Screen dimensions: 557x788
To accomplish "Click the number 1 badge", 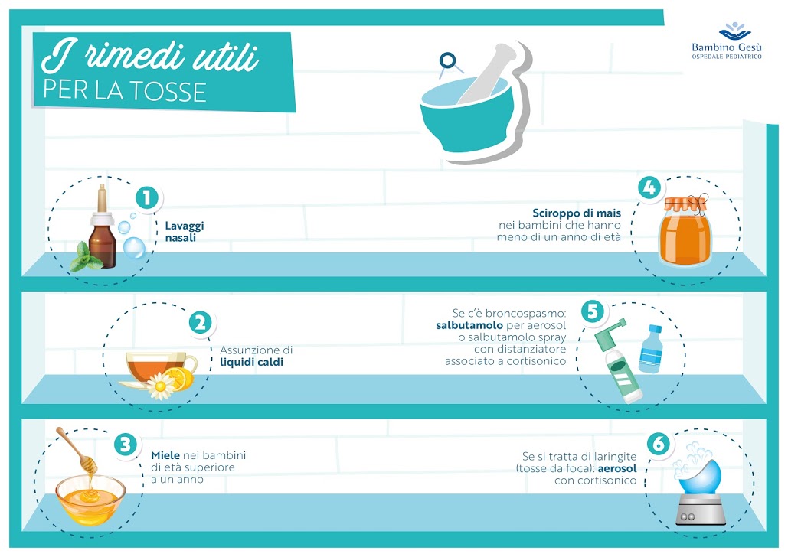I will pyautogui.click(x=146, y=197).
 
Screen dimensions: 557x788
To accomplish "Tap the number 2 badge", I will pyautogui.click(x=200, y=322).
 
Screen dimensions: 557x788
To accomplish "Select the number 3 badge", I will pyautogui.click(x=126, y=444).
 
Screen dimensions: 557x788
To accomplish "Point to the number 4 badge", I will pyautogui.click(x=649, y=187).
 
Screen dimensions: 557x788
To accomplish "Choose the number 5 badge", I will pyautogui.click(x=591, y=311).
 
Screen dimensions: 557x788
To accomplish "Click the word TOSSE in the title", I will pyautogui.click(x=172, y=92).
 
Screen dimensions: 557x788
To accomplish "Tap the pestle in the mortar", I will pyautogui.click(x=491, y=73).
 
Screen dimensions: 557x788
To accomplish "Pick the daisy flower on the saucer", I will pyautogui.click(x=162, y=386).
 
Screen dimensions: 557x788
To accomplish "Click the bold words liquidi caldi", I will pyautogui.click(x=252, y=362).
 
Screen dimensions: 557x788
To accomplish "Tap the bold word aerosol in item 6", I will pyautogui.click(x=619, y=468).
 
